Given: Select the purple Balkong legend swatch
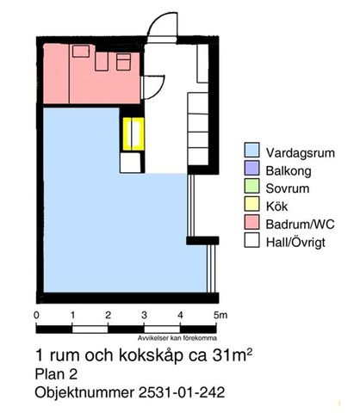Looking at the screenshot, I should (x=251, y=168).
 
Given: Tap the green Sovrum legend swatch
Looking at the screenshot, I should (x=251, y=186).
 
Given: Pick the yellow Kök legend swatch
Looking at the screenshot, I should (x=251, y=204).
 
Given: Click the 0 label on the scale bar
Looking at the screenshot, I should (x=36, y=315).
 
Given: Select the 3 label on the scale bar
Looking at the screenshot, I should (x=145, y=315).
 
